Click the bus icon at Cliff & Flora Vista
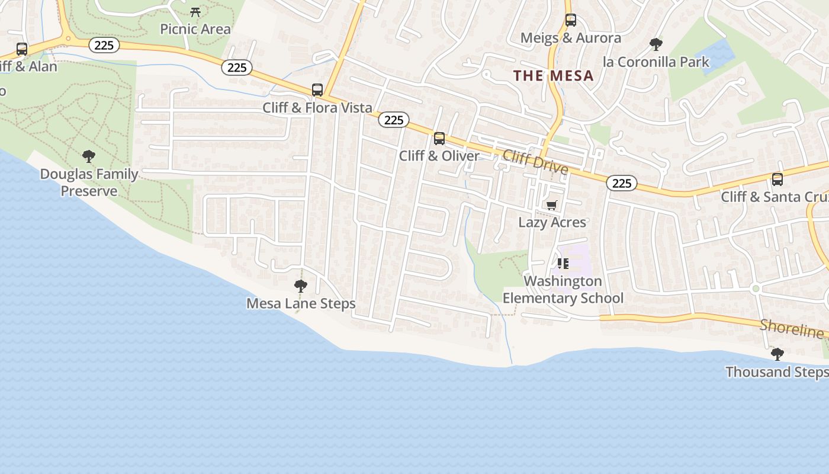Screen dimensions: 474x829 click(x=317, y=90)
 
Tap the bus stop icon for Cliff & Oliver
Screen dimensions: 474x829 click(x=439, y=139)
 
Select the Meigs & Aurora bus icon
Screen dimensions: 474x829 click(x=570, y=20)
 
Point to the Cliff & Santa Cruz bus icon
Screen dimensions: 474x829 click(x=777, y=179)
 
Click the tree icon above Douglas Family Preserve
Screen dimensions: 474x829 click(x=89, y=156)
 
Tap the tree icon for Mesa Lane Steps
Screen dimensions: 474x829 click(x=301, y=286)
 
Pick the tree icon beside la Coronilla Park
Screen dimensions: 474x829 click(x=656, y=44)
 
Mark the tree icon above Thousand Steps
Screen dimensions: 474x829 click(x=777, y=354)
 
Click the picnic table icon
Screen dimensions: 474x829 click(x=195, y=11)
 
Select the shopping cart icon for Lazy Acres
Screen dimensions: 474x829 click(x=551, y=205)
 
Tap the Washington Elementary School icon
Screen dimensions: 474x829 click(x=563, y=263)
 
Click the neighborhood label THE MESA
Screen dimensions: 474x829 click(x=553, y=76)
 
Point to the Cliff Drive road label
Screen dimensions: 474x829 click(x=535, y=162)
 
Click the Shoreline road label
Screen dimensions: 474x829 click(x=791, y=329)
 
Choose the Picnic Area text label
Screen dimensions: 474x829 click(x=195, y=29)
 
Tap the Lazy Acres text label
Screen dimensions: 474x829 click(x=552, y=222)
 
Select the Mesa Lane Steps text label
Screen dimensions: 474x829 click(x=301, y=303)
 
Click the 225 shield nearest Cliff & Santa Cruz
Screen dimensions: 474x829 click(x=621, y=184)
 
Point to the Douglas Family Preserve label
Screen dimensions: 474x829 click(x=89, y=182)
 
